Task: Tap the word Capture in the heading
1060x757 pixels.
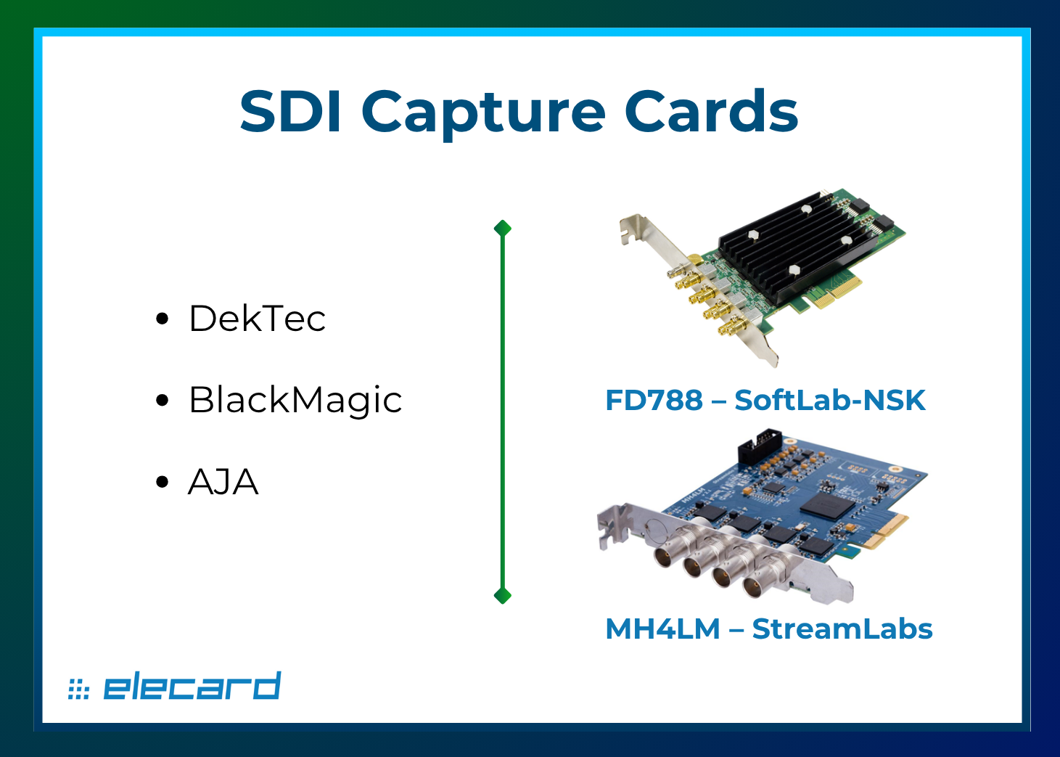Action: (483, 113)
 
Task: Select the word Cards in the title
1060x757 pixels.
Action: (711, 112)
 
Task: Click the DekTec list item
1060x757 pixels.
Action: (257, 318)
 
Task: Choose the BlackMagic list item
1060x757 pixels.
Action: (295, 400)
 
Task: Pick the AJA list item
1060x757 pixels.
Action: (223, 482)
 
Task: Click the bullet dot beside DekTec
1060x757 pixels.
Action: (163, 318)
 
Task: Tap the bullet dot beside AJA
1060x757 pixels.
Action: (163, 482)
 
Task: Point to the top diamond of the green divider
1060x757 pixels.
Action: (502, 229)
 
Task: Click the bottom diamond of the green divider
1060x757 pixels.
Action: (502, 596)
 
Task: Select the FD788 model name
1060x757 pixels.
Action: (654, 400)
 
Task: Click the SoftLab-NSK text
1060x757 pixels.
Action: (829, 400)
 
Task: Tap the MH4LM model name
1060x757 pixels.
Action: (662, 629)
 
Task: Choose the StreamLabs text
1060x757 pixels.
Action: (842, 629)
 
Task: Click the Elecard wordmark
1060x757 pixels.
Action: (192, 686)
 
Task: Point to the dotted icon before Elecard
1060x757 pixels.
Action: (78, 688)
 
